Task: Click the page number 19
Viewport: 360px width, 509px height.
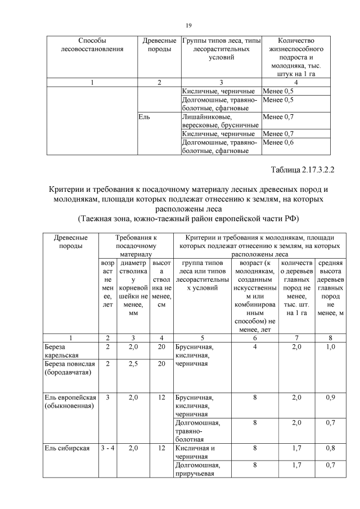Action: coord(189,25)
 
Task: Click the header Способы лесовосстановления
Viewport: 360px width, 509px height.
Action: coord(92,45)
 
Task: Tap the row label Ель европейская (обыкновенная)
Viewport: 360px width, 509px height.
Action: coord(70,402)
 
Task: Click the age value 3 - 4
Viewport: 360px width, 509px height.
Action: coord(107,448)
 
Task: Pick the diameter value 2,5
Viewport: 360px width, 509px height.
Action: coord(133,364)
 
